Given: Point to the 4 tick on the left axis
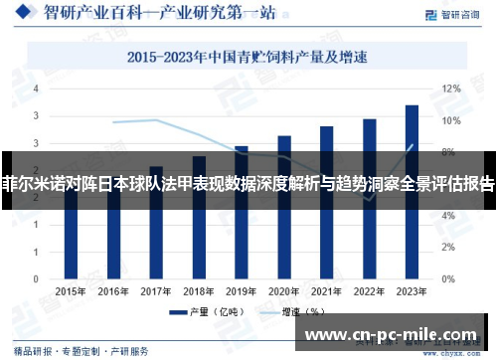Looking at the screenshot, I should click(36, 89).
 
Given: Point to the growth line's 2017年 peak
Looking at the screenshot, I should click(156, 120).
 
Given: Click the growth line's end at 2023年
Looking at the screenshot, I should click(412, 145).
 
